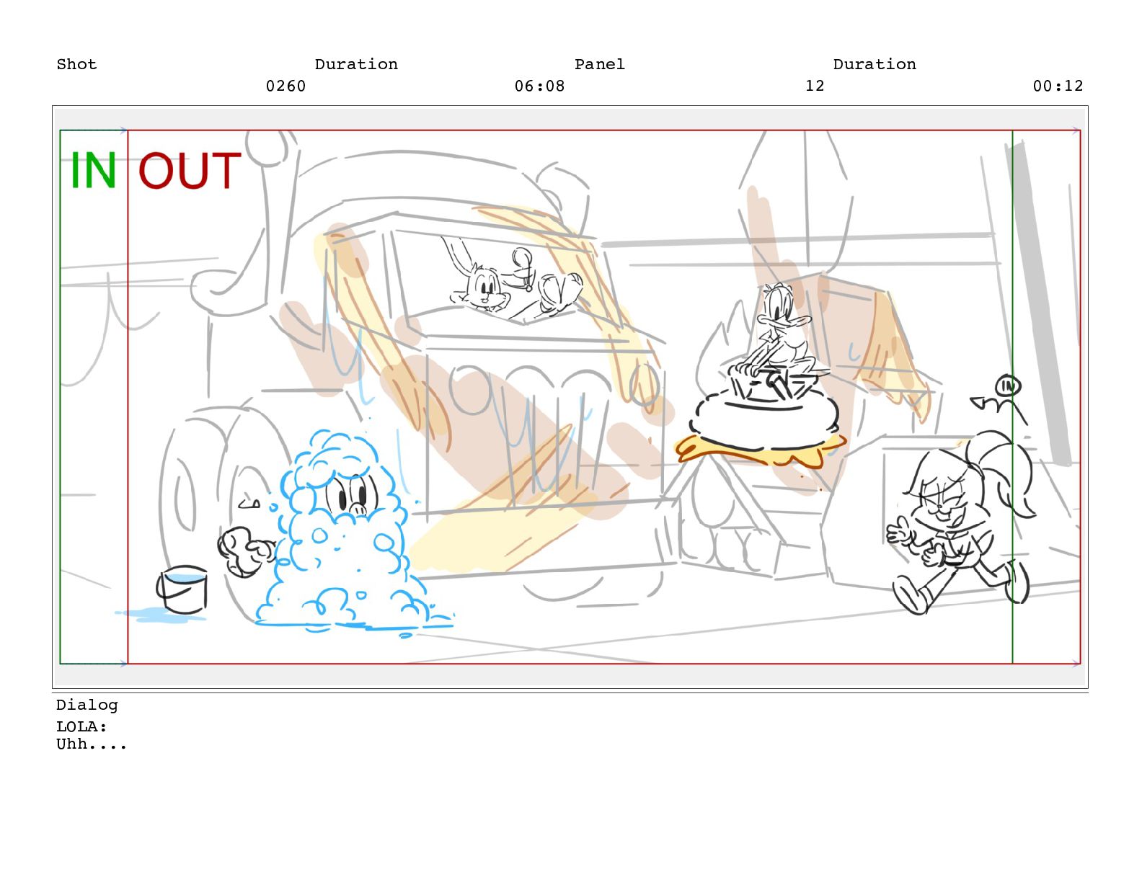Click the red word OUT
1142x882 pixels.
coord(190,170)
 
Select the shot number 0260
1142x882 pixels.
coord(285,86)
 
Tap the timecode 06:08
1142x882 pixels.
coord(539,86)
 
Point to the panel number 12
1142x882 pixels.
coord(815,86)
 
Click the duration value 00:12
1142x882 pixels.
coord(1058,86)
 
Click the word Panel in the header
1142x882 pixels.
coord(599,64)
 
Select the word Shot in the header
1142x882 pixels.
coord(76,64)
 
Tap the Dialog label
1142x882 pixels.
coord(87,705)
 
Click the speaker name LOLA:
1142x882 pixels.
coord(81,726)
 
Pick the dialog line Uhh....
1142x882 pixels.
coord(92,744)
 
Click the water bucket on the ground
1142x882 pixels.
coord(182,590)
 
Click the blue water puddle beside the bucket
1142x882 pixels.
coord(160,614)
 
